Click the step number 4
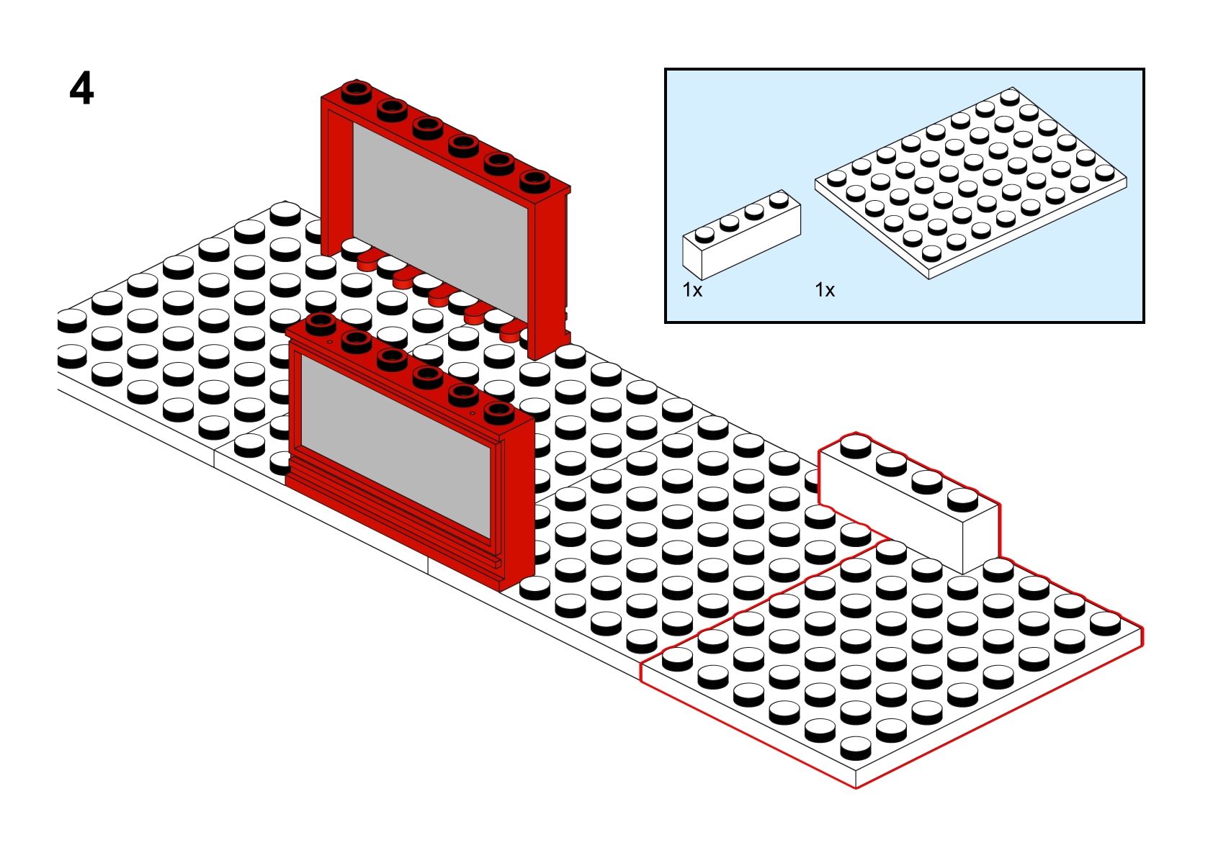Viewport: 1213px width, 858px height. coord(82,89)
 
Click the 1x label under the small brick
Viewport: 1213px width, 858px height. coord(692,291)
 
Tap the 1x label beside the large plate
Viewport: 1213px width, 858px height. coord(825,291)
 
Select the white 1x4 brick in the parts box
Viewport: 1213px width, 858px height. coord(741,235)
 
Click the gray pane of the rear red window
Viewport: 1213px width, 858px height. coord(440,217)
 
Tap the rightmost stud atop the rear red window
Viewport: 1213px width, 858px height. coord(534,181)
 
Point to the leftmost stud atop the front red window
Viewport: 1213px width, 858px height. coord(321,324)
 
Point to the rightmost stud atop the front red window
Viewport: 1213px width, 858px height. coord(498,412)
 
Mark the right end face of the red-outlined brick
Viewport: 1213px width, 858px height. coord(980,539)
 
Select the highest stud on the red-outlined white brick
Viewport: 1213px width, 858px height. coord(856,446)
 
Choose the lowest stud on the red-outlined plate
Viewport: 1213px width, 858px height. coord(856,748)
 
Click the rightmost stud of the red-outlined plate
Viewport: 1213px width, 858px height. coord(1105,623)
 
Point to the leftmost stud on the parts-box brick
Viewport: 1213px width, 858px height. coord(704,234)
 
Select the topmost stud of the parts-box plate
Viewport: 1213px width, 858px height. coord(1010,97)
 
